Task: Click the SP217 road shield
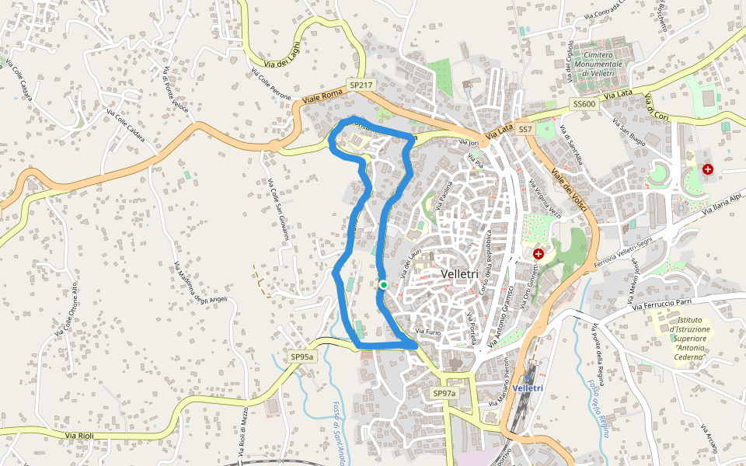click(x=361, y=85)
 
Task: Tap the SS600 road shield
click(x=584, y=104)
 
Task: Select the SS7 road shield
click(x=526, y=129)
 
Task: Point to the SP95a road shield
click(x=302, y=356)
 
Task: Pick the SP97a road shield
click(x=444, y=394)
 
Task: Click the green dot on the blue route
click(x=383, y=285)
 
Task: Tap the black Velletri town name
click(x=464, y=274)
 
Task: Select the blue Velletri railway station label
click(x=528, y=388)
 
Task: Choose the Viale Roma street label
click(x=322, y=96)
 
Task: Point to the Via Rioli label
click(x=79, y=436)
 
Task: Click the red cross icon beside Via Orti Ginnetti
click(x=538, y=254)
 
